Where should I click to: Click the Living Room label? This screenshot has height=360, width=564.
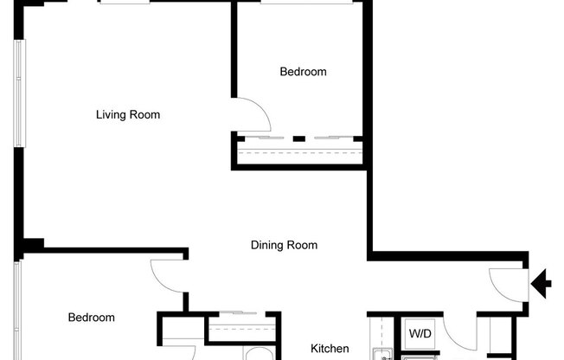point(128,114)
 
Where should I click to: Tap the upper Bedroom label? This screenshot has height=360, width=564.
point(303,72)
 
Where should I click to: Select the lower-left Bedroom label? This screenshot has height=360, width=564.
point(91,318)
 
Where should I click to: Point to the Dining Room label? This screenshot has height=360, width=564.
point(284,245)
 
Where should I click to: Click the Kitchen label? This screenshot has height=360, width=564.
point(330,349)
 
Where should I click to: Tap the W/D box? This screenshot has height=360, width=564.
point(420,333)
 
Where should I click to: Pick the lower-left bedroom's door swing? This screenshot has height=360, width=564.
point(167,276)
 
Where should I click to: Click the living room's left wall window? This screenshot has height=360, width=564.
point(17,91)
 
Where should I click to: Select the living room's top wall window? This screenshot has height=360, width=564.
point(136,3)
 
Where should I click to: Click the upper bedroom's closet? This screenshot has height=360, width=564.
point(299,152)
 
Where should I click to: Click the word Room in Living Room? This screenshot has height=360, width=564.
point(145,114)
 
